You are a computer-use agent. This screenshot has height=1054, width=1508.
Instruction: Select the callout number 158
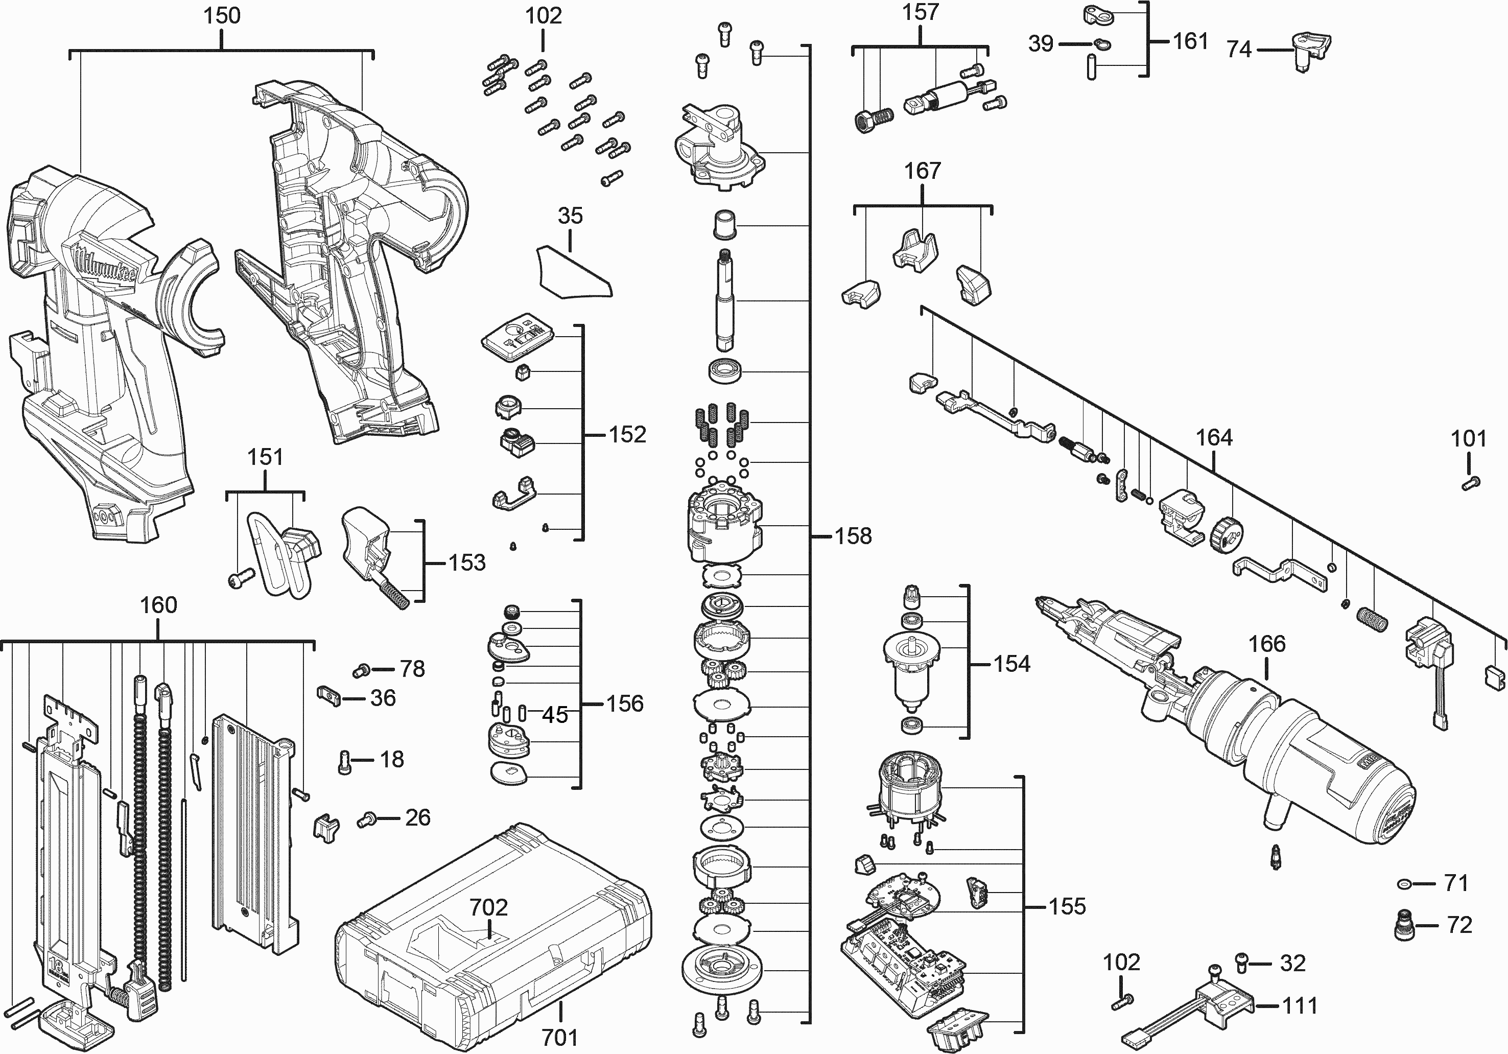pyautogui.click(x=853, y=536)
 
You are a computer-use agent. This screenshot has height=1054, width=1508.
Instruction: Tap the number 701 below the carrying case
pyautogui.click(x=559, y=1038)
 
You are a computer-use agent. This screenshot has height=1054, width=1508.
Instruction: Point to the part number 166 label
pyautogui.click(x=1267, y=644)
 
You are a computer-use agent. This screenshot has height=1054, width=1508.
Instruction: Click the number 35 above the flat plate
pyautogui.click(x=570, y=216)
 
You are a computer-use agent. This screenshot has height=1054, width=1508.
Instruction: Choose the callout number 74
pyautogui.click(x=1239, y=49)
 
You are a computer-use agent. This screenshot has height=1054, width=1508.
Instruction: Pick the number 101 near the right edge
pyautogui.click(x=1469, y=439)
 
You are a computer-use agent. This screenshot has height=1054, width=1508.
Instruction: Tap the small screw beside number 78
pyautogui.click(x=360, y=670)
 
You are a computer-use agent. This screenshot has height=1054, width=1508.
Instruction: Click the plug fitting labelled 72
pyautogui.click(x=1402, y=925)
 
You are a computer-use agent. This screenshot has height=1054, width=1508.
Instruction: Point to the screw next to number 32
pyautogui.click(x=1242, y=963)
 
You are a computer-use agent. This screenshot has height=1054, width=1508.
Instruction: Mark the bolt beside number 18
pyautogui.click(x=344, y=762)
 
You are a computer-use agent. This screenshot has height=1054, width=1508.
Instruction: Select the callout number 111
pyautogui.click(x=1300, y=1005)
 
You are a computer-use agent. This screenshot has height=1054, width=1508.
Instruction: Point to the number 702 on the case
pyautogui.click(x=489, y=907)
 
